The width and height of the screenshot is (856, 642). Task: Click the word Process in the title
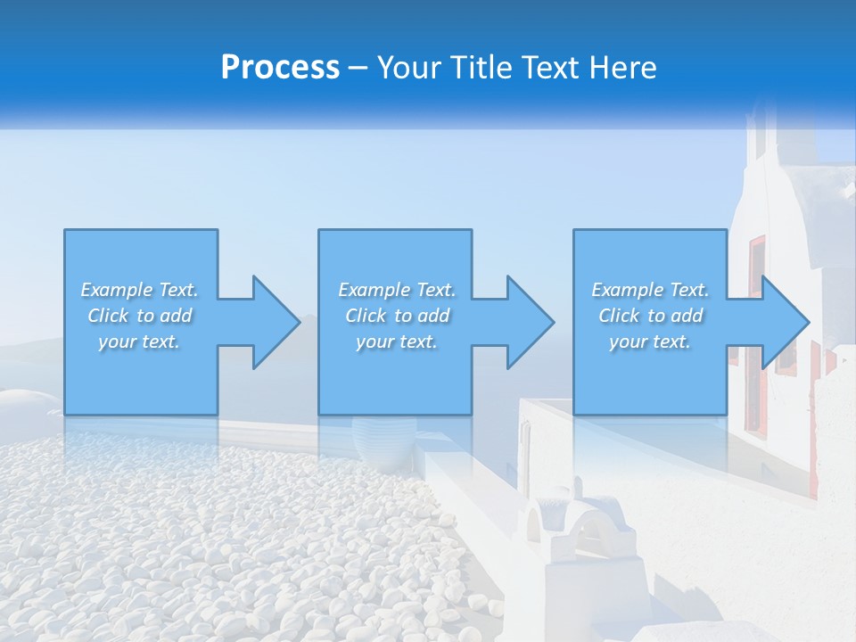[x=280, y=68]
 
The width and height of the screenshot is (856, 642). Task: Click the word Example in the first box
[x=116, y=290]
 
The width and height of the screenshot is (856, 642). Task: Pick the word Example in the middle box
[x=374, y=290]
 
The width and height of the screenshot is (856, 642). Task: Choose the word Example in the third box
[x=627, y=290]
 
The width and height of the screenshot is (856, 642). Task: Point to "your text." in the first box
[x=139, y=342]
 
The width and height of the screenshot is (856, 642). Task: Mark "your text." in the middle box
[x=396, y=342]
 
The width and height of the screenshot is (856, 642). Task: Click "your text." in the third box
[x=650, y=342]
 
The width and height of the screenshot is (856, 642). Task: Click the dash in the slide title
[x=358, y=69]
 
